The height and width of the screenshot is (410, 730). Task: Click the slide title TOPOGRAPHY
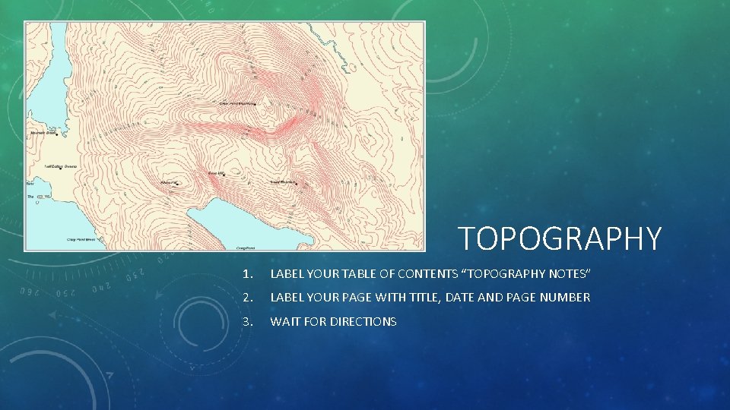click(x=560, y=238)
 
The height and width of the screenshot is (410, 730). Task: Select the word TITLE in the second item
click(x=414, y=298)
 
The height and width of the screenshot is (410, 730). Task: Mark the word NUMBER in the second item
click(x=564, y=298)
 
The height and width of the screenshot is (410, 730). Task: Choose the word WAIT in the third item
click(x=285, y=322)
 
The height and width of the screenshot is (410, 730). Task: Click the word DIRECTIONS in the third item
click(x=361, y=322)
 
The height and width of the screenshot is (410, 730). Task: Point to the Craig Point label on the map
click(x=245, y=248)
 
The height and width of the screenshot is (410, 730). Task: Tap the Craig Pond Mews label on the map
click(x=80, y=238)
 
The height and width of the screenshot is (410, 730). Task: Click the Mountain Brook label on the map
click(x=43, y=133)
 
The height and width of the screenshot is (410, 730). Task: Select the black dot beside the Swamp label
click(x=61, y=168)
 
